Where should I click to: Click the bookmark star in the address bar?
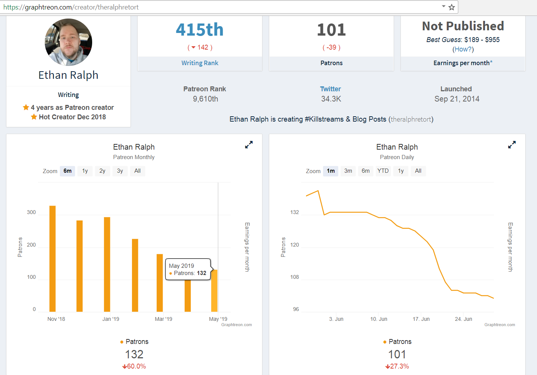[452, 7]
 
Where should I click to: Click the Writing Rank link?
[200, 63]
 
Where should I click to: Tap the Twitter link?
[330, 89]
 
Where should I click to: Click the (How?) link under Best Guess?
[463, 49]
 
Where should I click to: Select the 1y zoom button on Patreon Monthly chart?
[85, 171]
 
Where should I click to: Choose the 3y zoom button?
[120, 171]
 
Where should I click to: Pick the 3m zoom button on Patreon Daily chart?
[348, 171]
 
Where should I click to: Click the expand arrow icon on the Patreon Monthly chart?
[249, 145]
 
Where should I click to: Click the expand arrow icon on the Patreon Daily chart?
[512, 145]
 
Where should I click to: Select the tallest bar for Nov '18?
[52, 259]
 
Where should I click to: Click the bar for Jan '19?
[107, 264]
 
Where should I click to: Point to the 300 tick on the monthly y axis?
[31, 212]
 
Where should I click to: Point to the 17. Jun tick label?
[421, 319]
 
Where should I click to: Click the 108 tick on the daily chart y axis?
[295, 277]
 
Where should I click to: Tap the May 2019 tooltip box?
[188, 269]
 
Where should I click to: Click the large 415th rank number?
[200, 30]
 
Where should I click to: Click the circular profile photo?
[68, 42]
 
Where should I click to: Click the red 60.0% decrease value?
[134, 366]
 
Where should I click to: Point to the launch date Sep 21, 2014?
[457, 99]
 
